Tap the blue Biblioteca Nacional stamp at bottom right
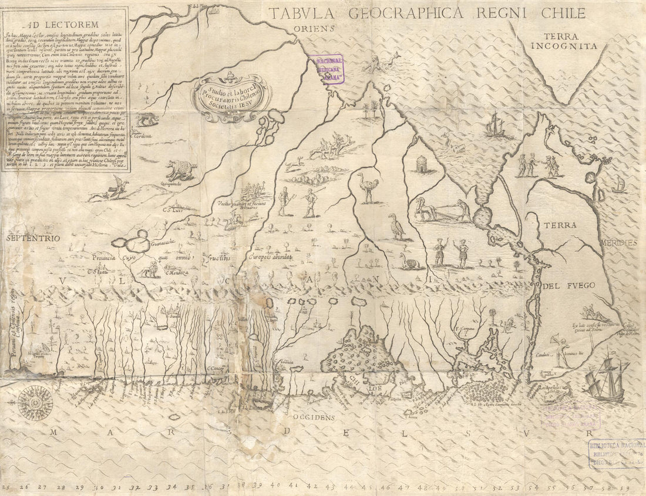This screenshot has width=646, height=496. click(x=615, y=453)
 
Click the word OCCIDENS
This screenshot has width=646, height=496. click(x=313, y=417)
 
